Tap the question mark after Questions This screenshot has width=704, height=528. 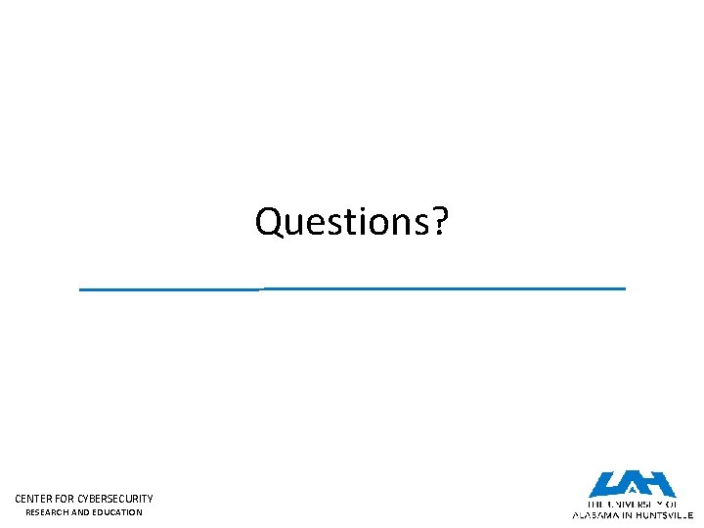[x=439, y=222]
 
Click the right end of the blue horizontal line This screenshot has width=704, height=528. [x=623, y=288]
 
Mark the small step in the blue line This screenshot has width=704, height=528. [x=262, y=289]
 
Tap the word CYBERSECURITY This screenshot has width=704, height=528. [x=117, y=499]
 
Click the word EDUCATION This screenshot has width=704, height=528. [x=117, y=512]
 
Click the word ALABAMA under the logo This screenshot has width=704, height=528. [x=596, y=513]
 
